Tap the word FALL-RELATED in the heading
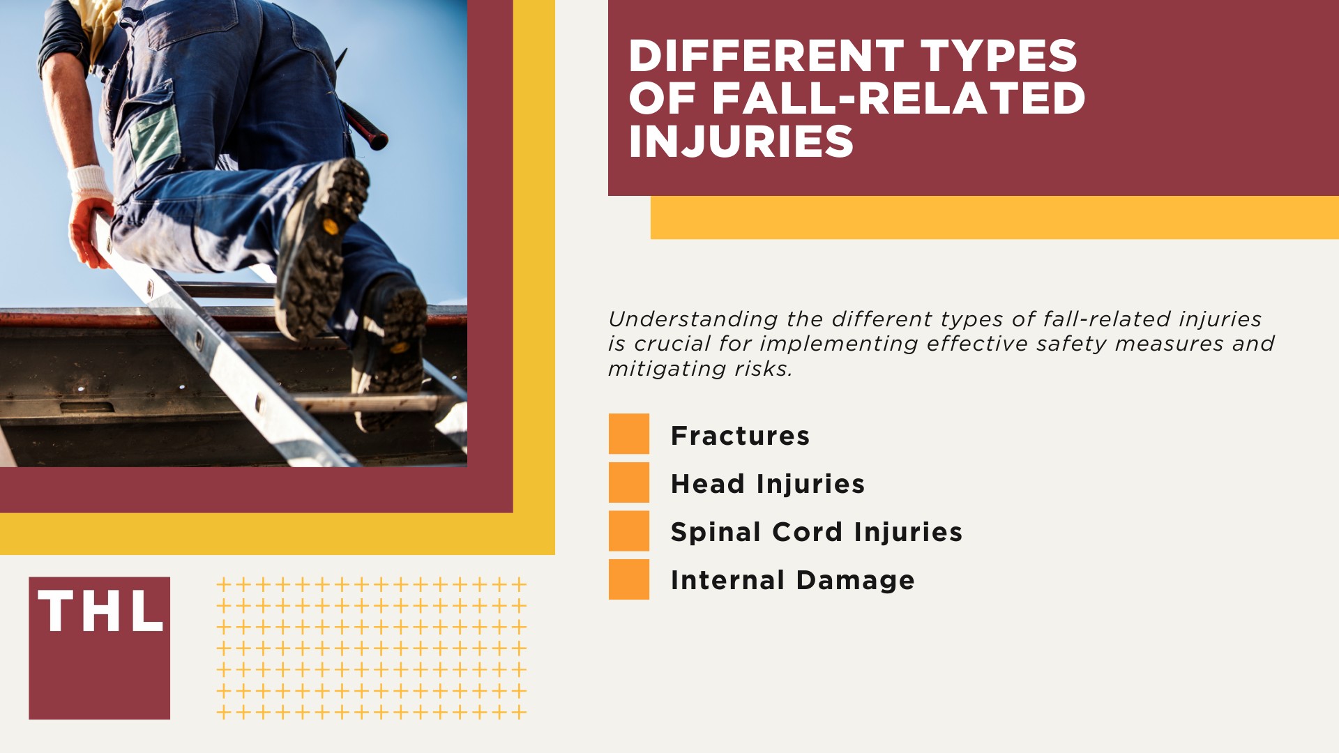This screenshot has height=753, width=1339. [x=898, y=98]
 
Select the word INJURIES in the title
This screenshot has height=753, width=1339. [x=741, y=142]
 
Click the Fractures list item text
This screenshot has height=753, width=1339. [x=740, y=436]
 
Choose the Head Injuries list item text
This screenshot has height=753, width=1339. [x=767, y=484]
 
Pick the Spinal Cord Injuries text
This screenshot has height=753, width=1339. [x=816, y=532]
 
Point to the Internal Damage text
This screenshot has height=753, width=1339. [x=792, y=580]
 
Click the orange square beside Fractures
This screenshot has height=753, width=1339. [x=628, y=434]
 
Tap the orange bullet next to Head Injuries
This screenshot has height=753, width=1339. [x=628, y=482]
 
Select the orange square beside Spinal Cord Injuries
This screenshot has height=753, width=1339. [x=628, y=531]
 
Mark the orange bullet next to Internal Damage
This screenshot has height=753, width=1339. [x=628, y=579]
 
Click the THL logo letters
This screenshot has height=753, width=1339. [x=100, y=611]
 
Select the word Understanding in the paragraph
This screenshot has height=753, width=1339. [x=693, y=319]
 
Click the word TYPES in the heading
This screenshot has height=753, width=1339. [x=999, y=56]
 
